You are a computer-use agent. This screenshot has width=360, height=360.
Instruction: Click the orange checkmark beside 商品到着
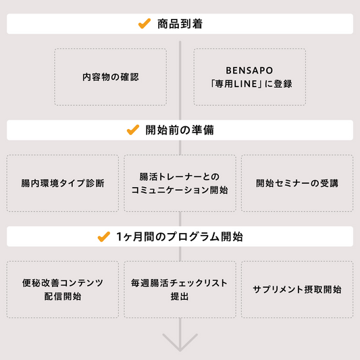pyautogui.click(x=145, y=24)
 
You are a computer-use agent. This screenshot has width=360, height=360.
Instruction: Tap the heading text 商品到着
pyautogui.click(x=180, y=24)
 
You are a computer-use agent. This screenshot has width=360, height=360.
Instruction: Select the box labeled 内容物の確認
pyautogui.click(x=111, y=77)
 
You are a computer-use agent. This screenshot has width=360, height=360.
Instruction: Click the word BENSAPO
pyautogui.click(x=249, y=70)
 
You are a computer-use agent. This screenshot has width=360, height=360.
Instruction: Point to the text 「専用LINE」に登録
pyautogui.click(x=251, y=84)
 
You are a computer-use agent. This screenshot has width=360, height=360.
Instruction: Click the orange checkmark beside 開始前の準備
pyautogui.click(x=133, y=130)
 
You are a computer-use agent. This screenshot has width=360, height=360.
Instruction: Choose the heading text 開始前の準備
pyautogui.click(x=180, y=130)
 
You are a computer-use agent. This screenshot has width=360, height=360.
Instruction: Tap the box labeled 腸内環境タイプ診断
pyautogui.click(x=63, y=183)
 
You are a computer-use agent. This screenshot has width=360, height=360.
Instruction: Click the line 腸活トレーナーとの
pyautogui.click(x=180, y=177)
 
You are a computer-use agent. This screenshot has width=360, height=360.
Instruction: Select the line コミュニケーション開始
pyautogui.click(x=180, y=190)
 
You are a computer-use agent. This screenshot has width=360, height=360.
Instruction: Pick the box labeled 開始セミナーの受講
pyautogui.click(x=297, y=183)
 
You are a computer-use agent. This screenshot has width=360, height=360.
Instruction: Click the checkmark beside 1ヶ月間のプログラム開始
pyautogui.click(x=104, y=236)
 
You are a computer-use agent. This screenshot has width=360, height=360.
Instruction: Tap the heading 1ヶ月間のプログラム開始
pyautogui.click(x=180, y=236)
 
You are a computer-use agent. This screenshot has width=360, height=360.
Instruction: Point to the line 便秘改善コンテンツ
pyautogui.click(x=63, y=283)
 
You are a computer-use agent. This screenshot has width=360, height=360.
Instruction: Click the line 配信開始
pyautogui.click(x=63, y=297)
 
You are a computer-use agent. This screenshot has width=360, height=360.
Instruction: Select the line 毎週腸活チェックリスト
pyautogui.click(x=180, y=283)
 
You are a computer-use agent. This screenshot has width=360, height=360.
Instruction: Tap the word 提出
pyautogui.click(x=180, y=297)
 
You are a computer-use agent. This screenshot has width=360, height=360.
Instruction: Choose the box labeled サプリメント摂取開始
pyautogui.click(x=297, y=290)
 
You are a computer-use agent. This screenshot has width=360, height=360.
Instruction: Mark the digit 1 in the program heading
pyautogui.click(x=119, y=236)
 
